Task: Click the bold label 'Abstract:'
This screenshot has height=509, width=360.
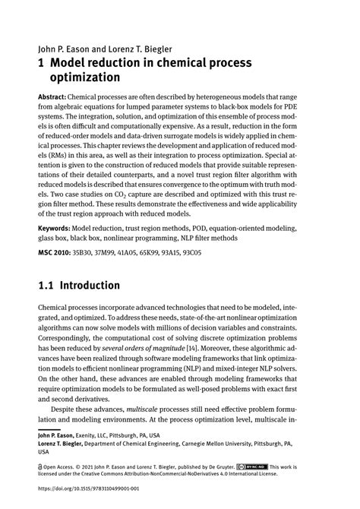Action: point(51,98)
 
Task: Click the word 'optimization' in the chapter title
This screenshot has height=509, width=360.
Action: point(85,77)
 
